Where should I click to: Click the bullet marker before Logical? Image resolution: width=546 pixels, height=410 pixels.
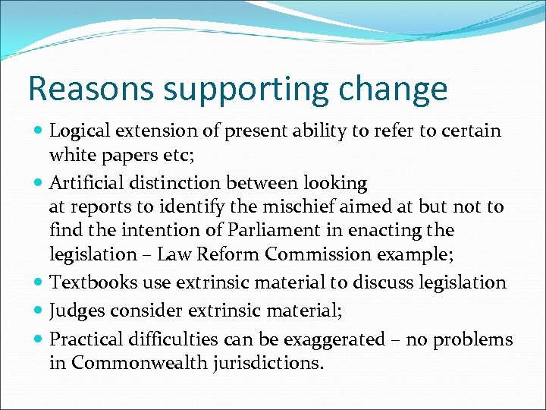[x=38, y=131]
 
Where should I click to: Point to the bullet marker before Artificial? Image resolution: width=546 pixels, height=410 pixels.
[x=38, y=184]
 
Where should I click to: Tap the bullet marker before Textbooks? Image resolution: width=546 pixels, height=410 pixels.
[x=38, y=283]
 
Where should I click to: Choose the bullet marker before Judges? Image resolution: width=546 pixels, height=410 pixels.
[x=38, y=311]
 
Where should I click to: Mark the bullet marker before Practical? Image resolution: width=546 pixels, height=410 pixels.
[x=38, y=340]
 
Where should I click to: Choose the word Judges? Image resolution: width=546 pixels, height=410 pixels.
[x=75, y=311]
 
